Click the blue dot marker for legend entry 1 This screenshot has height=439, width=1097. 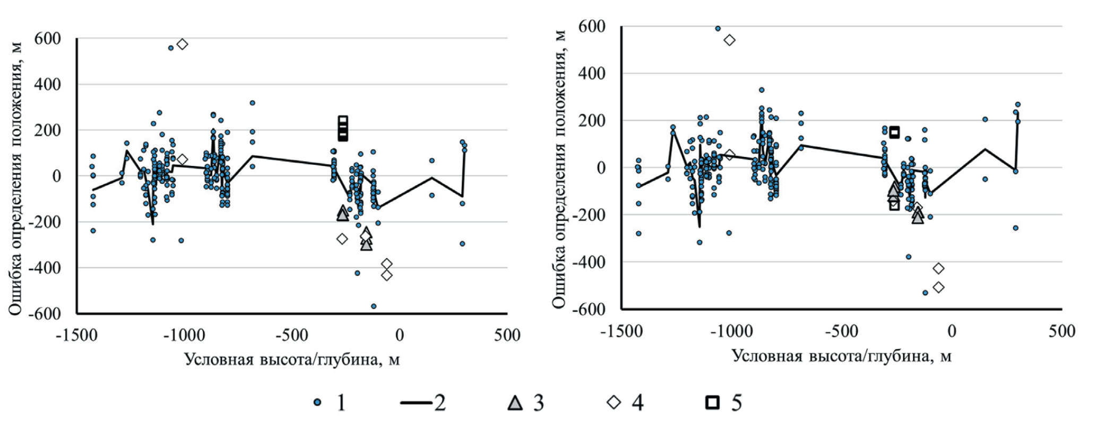click(x=317, y=403)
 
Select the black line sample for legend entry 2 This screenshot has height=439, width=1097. click(x=417, y=403)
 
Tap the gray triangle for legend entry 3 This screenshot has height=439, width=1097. click(x=514, y=403)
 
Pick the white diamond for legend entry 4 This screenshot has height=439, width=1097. click(x=614, y=403)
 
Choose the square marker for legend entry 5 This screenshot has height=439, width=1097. click(x=712, y=403)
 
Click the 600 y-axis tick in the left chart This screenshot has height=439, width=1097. click(x=47, y=39)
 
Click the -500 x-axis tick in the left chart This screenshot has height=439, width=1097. click(x=292, y=335)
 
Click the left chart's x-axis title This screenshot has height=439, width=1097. click(x=292, y=359)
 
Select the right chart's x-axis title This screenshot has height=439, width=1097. click(x=841, y=356)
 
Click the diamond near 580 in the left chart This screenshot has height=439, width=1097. click(x=182, y=44)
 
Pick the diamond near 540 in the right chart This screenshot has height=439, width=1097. click(x=729, y=40)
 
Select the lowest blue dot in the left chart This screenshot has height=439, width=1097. click(x=374, y=306)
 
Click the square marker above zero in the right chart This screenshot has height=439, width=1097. click(x=894, y=133)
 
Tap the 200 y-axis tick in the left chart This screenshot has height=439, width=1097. click(x=47, y=130)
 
